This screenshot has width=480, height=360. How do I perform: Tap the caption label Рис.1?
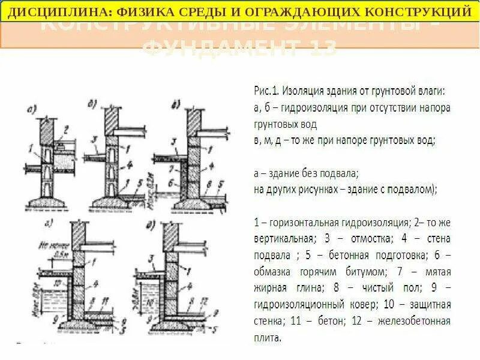coord(266,92)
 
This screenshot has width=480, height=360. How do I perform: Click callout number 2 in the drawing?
coord(67,127)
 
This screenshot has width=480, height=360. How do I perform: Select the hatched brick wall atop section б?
coord(113,124)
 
